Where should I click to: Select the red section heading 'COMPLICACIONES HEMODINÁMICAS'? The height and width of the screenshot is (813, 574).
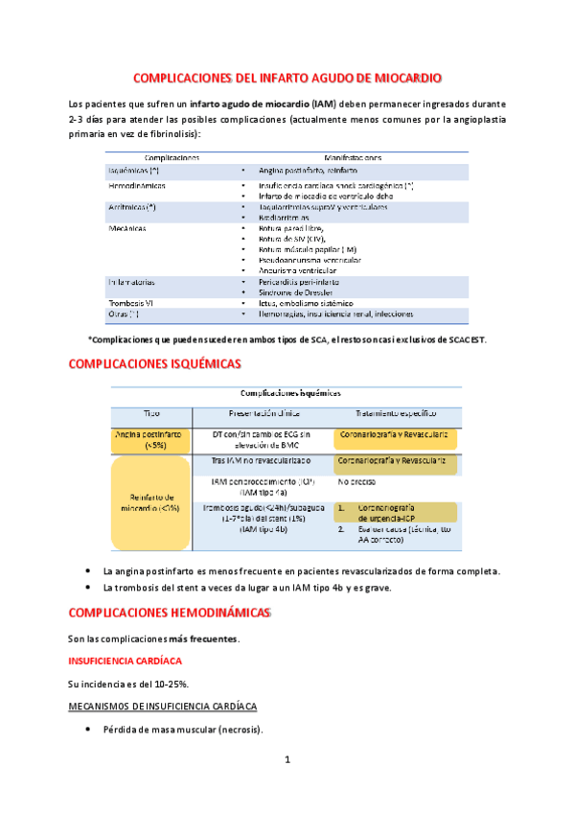171,611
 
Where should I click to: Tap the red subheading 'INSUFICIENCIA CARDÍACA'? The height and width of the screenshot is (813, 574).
127,661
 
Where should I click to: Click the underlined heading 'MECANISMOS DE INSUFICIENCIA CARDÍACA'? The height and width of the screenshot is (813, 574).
161,707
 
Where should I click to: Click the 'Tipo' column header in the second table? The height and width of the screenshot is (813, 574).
152,412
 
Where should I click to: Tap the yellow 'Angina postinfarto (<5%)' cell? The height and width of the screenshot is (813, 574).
151,439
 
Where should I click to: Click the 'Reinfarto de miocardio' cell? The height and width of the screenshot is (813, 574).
151,501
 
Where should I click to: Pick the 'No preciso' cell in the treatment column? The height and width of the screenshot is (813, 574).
356,483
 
